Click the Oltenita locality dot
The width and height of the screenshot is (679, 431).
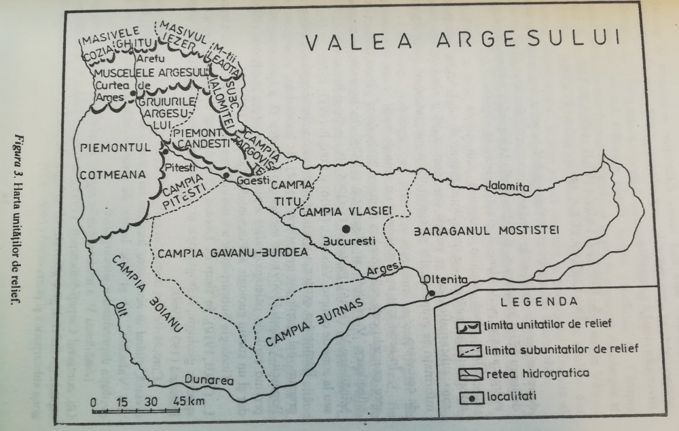point(430,293)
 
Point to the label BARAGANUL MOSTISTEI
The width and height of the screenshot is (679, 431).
point(484,231)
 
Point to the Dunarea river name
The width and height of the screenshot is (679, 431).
point(208,381)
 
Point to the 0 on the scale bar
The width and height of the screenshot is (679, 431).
point(93,399)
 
